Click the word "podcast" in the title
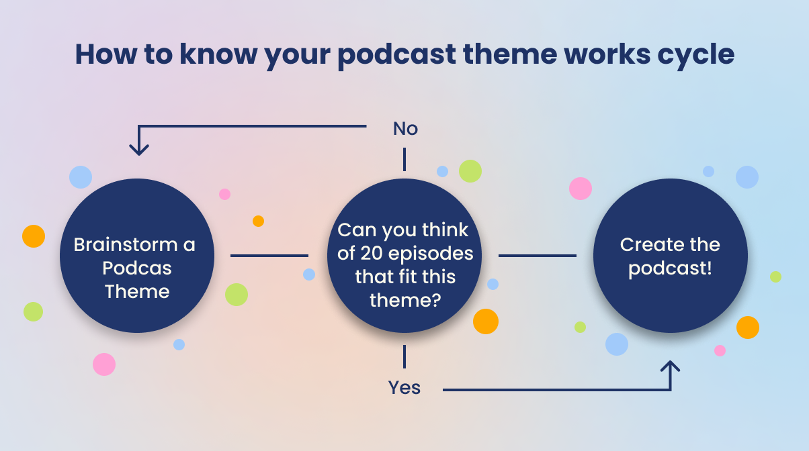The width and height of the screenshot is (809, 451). coord(396,55)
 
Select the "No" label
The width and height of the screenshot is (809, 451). coord(405,129)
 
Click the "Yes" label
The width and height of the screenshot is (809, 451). coord(404,388)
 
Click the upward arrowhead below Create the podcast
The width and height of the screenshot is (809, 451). coord(671,366)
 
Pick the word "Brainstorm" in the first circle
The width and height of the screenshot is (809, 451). coord(126,244)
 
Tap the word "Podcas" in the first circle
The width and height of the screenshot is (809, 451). coord(137,268)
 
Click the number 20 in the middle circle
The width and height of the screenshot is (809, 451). coord(372,253)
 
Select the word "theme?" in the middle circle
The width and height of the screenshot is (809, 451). coord(405,300)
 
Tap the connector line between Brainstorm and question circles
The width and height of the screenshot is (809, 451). coord(269,256)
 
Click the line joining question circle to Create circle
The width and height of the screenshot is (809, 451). coord(538,256)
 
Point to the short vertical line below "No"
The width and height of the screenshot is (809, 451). coord(404,159)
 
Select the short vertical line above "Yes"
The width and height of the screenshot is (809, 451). coord(404,356)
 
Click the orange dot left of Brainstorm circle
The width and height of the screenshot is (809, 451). coord(34,236)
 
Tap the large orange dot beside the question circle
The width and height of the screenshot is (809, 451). coord(486,321)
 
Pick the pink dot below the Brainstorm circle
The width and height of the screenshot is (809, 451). coord(104,364)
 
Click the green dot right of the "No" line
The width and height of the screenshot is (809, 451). coord(470,171)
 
